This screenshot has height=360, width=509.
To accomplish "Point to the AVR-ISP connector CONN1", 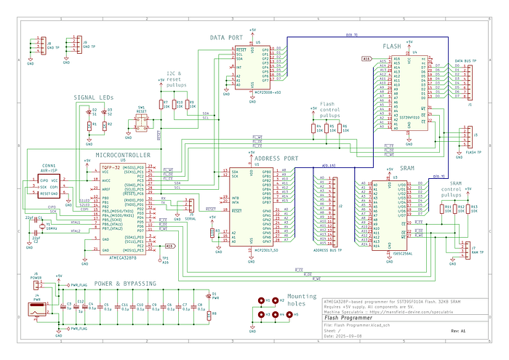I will point(50,186).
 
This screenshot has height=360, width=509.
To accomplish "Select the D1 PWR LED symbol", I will point(208,297).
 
